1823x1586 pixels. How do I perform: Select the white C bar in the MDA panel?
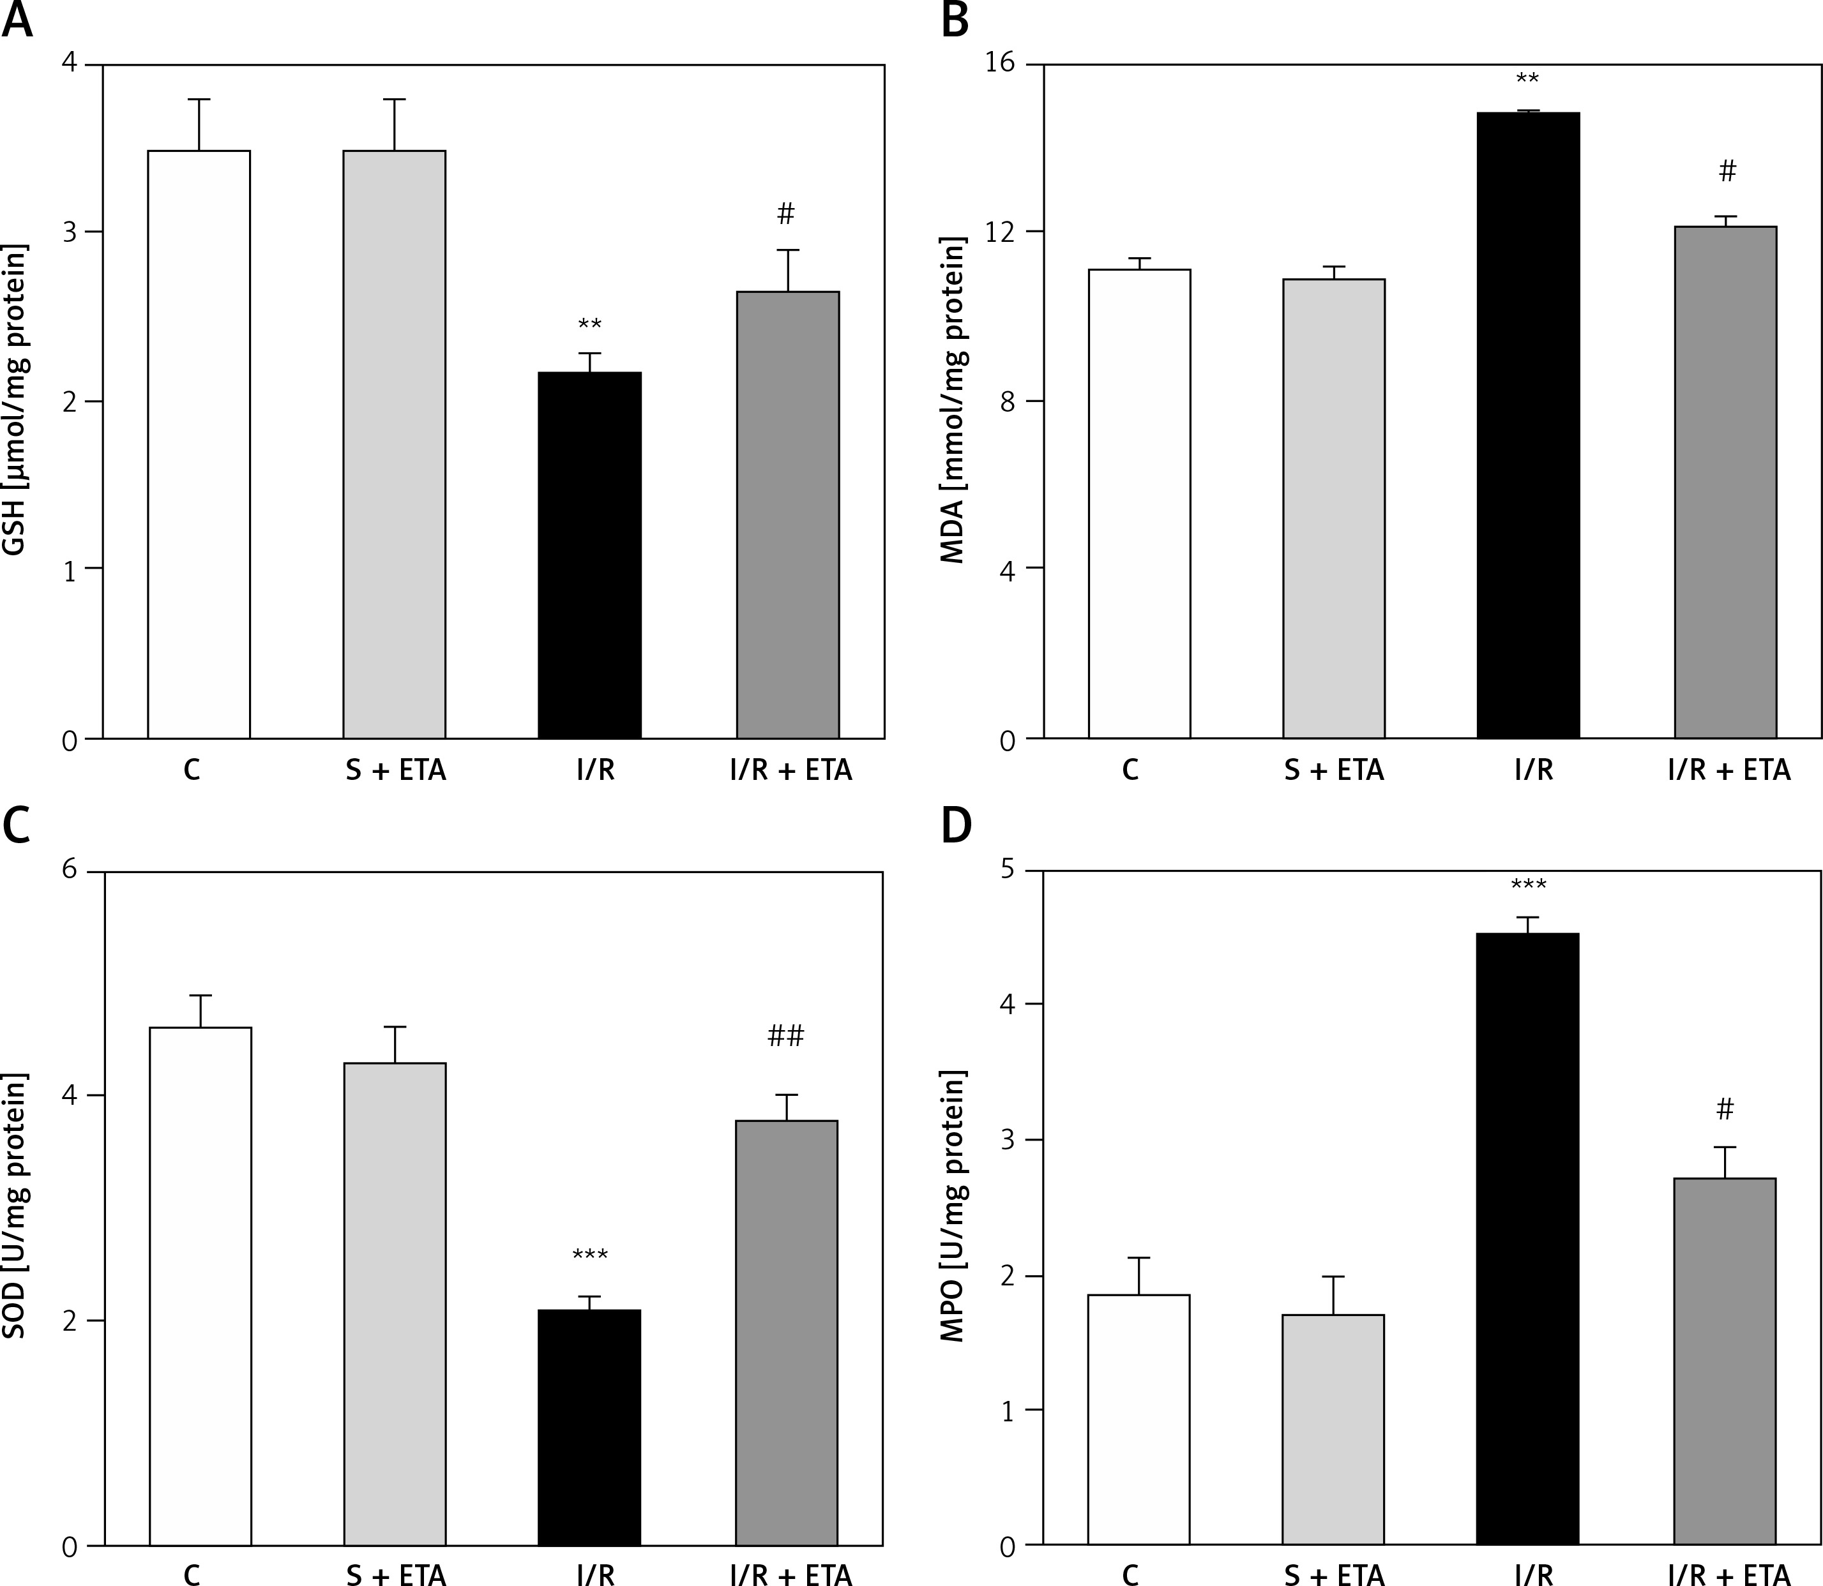click(1138, 504)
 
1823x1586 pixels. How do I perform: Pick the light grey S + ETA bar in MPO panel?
click(1333, 1442)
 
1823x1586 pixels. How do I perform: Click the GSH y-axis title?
click(16, 400)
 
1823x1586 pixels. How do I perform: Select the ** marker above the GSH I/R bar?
click(589, 325)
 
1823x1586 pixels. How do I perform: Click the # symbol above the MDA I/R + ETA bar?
click(1727, 172)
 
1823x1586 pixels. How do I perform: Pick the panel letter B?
click(955, 21)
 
